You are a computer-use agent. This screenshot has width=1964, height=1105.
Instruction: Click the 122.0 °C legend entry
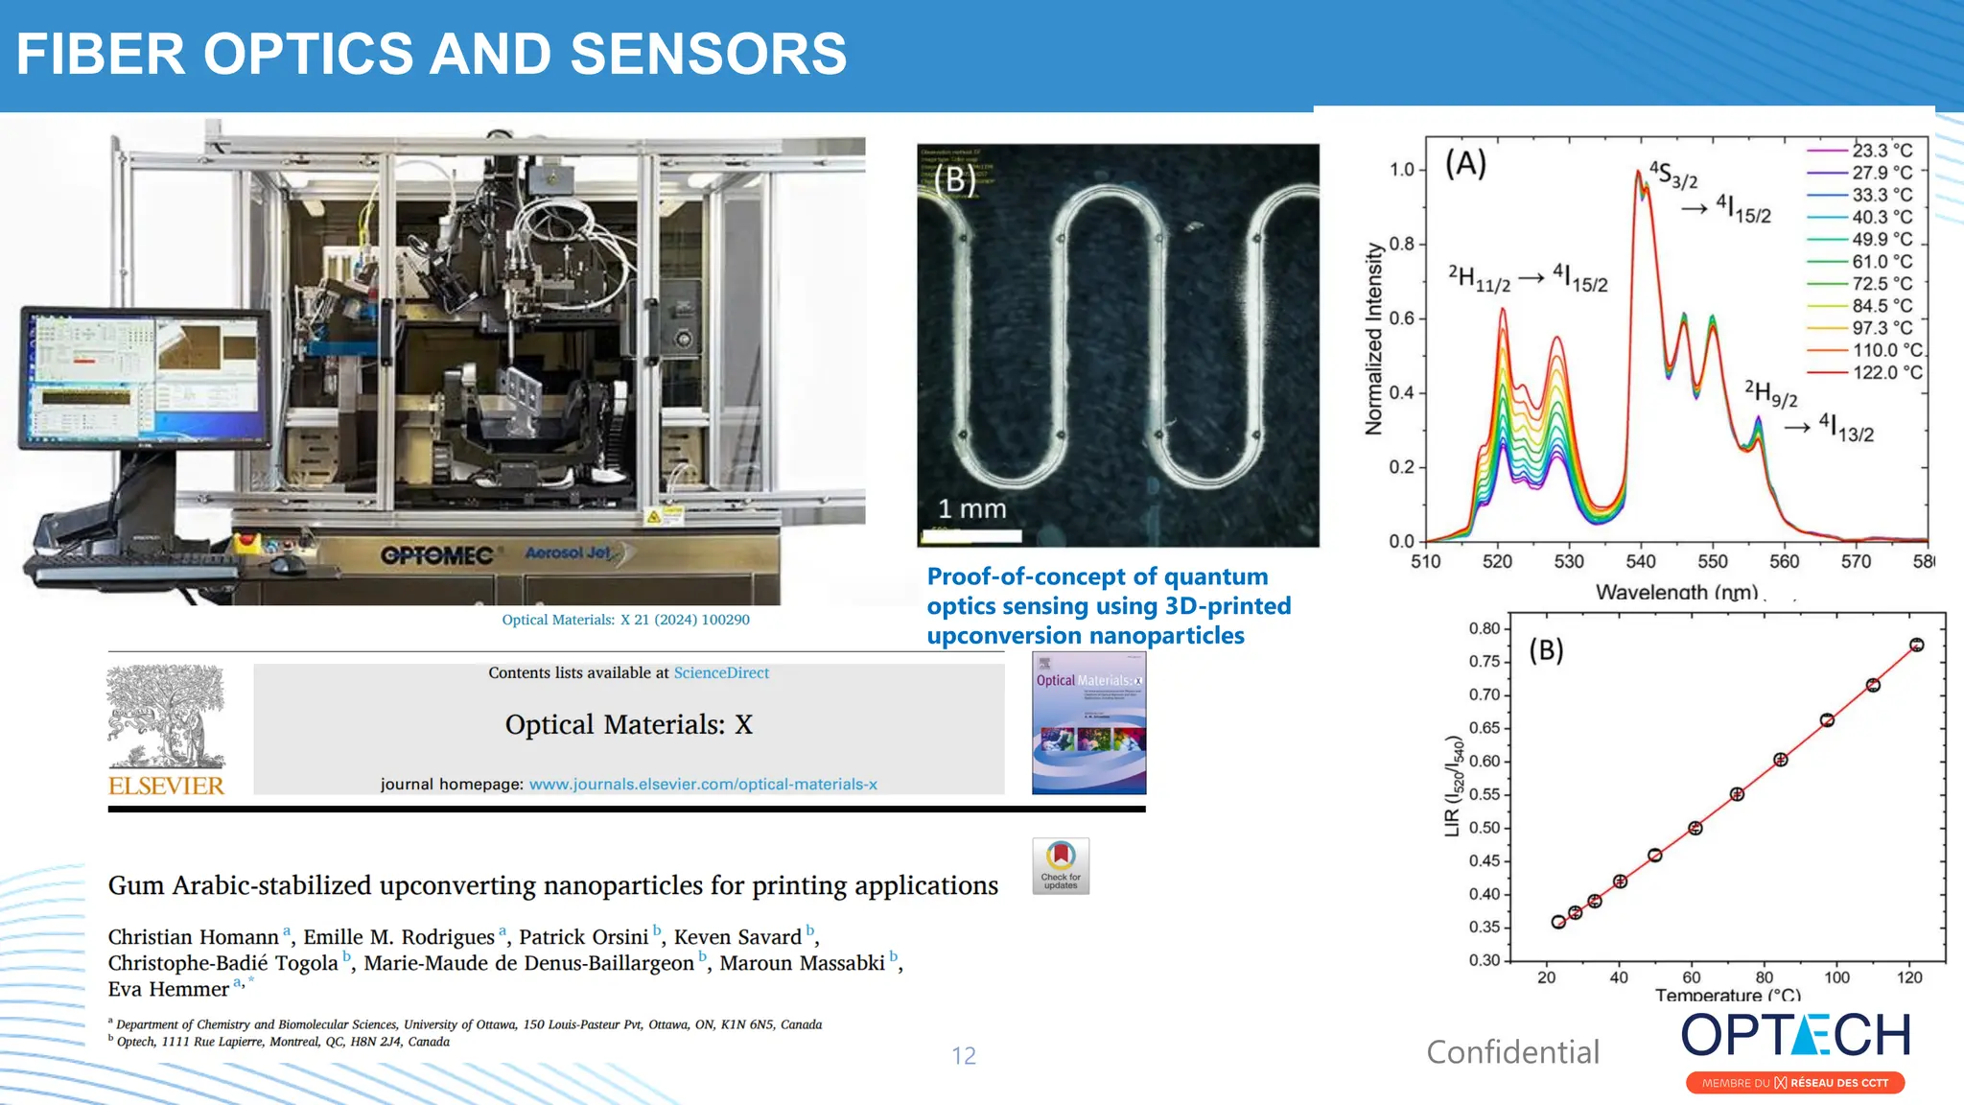coord(1885,372)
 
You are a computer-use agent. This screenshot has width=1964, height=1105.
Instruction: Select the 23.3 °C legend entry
coord(1882,151)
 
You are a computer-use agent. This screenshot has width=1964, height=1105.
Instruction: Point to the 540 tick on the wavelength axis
coord(1641,561)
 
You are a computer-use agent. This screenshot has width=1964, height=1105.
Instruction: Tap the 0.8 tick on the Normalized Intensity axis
coord(1401,244)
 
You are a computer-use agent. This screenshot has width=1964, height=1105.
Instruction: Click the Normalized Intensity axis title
coord(1374,339)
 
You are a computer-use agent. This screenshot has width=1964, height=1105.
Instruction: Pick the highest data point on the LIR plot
coord(1916,645)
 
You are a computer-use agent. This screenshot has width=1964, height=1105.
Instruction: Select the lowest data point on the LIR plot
coord(1558,922)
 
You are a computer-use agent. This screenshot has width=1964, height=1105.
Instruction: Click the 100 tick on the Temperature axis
coord(1836,977)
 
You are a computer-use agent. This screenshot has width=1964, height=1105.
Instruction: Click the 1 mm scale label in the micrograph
coord(971,508)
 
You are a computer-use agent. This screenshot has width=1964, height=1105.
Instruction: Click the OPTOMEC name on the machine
coord(436,555)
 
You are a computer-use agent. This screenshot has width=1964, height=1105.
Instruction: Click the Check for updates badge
coord(1061,865)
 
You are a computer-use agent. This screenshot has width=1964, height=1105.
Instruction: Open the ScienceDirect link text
coord(721,672)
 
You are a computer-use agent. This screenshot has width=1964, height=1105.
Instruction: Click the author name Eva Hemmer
coord(168,989)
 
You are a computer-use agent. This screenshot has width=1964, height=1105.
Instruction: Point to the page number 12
coord(964,1055)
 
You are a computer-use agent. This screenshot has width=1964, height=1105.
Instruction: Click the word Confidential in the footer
coord(1512,1052)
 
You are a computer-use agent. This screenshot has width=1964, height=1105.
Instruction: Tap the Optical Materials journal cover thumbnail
coord(1088,723)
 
